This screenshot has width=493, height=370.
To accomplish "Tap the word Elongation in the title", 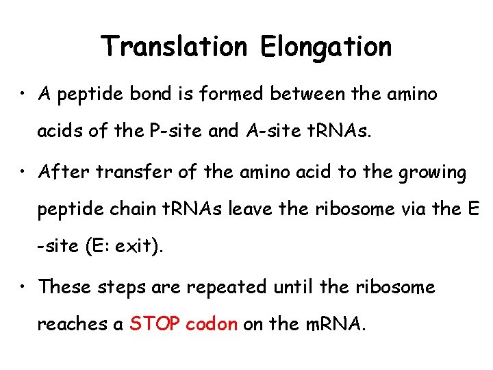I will click(326, 47).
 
